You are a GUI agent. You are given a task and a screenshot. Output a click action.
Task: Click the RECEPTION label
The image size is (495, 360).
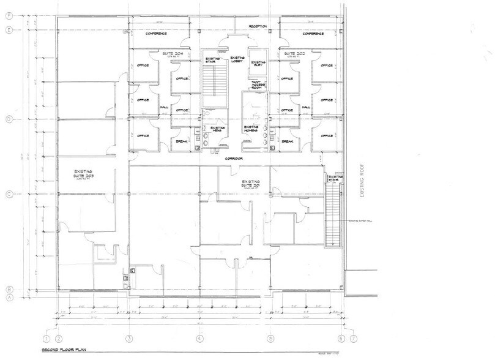pos(257,26)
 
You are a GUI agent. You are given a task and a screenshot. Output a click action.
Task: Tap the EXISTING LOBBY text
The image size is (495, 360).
pos(238,61)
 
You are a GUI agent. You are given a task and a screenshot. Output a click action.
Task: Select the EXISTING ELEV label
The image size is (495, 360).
pos(258,63)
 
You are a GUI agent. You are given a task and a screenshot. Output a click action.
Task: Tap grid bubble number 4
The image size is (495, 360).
pos(199,337)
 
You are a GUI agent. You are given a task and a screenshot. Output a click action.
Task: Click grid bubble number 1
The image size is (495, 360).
pos(46,337)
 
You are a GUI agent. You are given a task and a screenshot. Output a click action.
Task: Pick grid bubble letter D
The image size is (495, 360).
pos(9,118)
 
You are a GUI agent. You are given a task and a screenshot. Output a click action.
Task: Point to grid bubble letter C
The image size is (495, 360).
pos(9,195)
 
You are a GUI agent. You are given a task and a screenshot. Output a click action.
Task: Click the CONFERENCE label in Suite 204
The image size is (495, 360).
pos(156,34)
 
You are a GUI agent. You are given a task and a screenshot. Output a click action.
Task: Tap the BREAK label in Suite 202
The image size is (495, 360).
pos(287,141)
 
